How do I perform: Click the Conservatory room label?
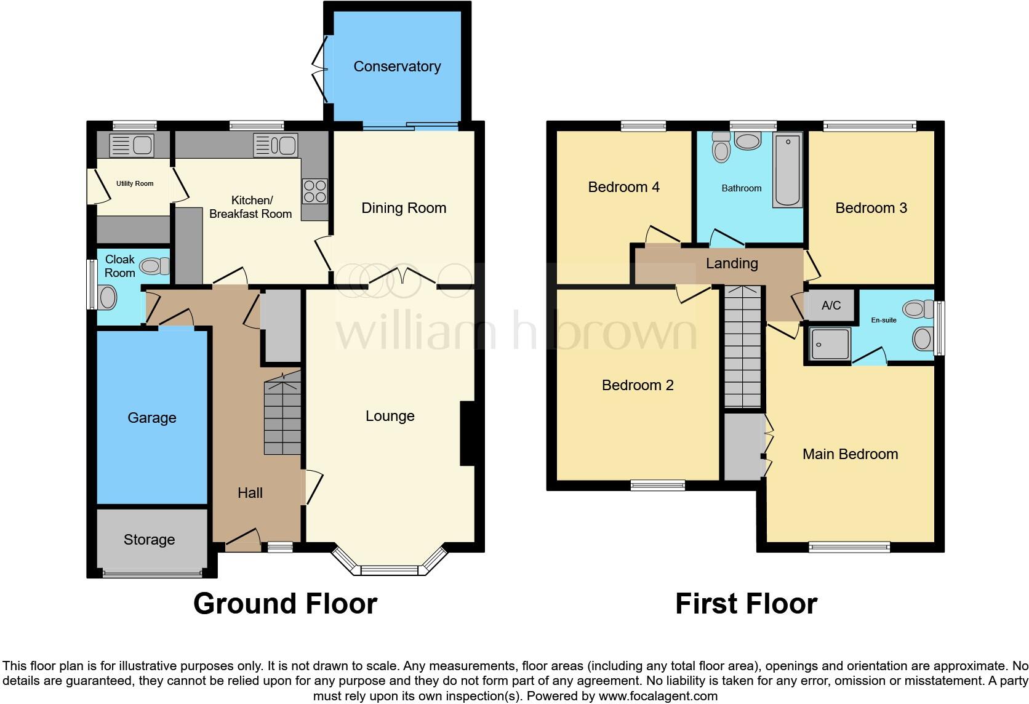[x=397, y=66]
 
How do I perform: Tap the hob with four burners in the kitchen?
[x=314, y=191]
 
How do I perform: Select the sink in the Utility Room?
[x=131, y=146]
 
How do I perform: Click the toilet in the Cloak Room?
[x=154, y=266]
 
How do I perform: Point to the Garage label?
[x=152, y=418]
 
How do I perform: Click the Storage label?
[x=149, y=540]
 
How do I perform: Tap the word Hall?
[x=250, y=493]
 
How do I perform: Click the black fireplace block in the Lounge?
[x=467, y=433]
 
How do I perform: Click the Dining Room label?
[x=404, y=208]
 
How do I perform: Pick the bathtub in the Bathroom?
[x=788, y=170]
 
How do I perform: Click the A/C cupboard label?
[x=831, y=306]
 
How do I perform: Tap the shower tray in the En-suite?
[x=830, y=344]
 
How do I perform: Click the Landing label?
[x=732, y=263]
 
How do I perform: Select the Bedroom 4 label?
[x=623, y=187]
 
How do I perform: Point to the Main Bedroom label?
[x=850, y=454]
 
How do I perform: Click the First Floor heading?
[x=746, y=604]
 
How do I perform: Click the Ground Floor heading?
[x=285, y=604]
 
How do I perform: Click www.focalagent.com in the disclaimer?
[x=657, y=697]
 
